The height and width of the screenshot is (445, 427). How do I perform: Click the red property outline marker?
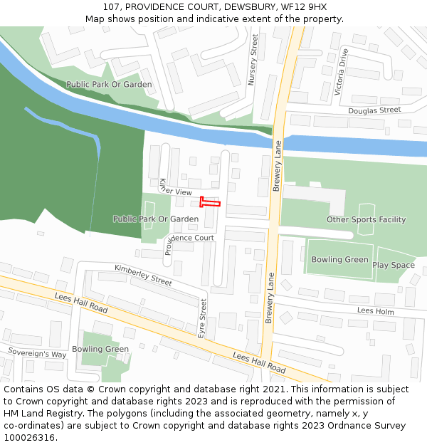pos(209,202)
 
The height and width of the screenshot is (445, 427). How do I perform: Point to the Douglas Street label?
pos(374,110)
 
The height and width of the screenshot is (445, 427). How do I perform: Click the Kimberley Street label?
pos(143,274)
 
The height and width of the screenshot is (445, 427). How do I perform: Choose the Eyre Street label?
pos(202,318)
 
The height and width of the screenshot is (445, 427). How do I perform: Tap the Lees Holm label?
pos(375,310)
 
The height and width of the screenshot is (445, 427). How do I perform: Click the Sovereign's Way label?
pos(37,353)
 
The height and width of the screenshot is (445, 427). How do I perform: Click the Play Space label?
pos(393,265)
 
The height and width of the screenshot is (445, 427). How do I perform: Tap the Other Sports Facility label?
pos(366,220)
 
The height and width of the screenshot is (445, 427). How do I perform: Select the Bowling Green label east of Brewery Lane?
pos(339,260)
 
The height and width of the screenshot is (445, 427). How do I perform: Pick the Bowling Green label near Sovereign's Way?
pos(100,349)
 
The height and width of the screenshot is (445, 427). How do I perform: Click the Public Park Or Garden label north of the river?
pos(109,84)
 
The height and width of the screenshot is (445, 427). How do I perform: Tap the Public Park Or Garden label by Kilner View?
pos(156,219)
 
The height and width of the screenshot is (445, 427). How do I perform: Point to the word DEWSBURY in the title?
pos(252,6)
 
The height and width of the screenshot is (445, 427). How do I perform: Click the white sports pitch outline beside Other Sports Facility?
pos(366,217)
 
